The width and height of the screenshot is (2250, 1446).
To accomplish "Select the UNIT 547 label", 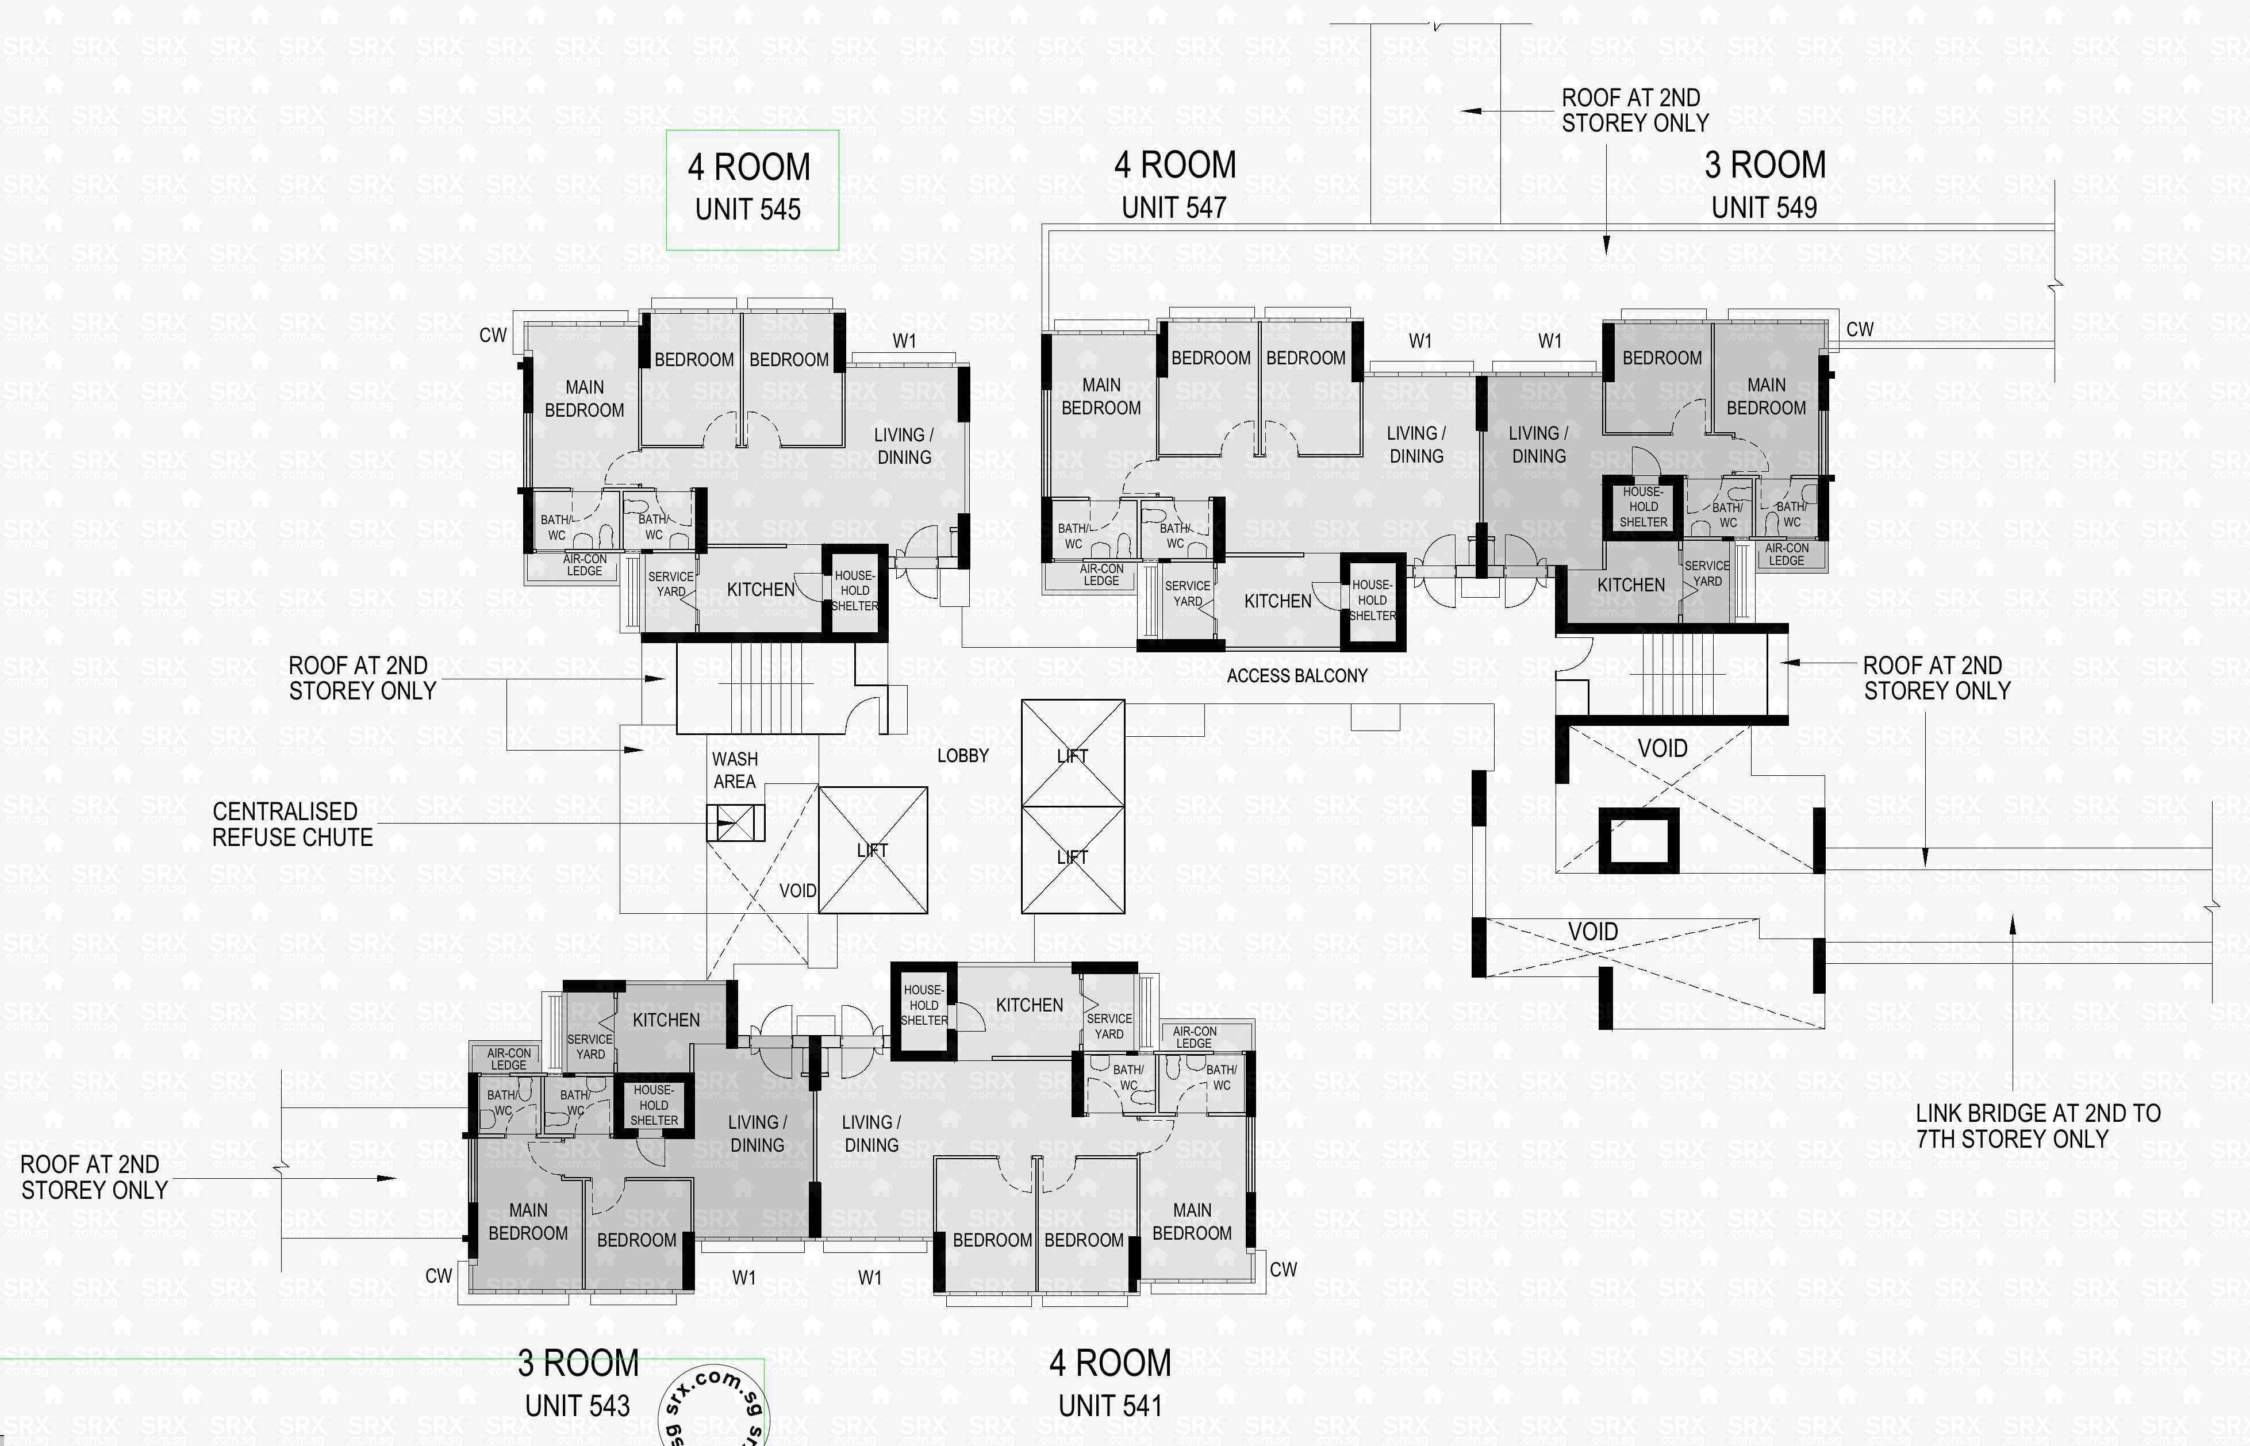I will (1174, 207).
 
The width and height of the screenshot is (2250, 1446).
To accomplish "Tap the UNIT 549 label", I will (1764, 207).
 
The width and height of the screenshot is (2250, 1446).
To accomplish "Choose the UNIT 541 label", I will (1110, 1406).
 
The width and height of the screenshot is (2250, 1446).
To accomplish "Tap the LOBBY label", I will (962, 755).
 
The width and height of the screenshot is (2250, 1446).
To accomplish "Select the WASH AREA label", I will (734, 770).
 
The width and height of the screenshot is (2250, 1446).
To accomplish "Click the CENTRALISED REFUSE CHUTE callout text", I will (292, 824).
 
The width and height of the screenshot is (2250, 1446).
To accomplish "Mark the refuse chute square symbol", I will (735, 824).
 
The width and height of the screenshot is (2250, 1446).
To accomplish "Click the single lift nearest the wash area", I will (873, 850).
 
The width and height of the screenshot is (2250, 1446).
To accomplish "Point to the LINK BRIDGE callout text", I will (2038, 1126).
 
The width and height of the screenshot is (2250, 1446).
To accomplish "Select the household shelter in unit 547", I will (1372, 600).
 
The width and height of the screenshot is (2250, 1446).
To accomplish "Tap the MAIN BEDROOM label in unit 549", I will (1765, 396).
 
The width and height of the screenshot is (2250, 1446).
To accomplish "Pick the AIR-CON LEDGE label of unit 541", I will (1193, 1037).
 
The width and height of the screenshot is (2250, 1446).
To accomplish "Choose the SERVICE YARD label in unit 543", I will (590, 1046).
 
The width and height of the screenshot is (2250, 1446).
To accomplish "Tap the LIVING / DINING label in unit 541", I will (871, 1133).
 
